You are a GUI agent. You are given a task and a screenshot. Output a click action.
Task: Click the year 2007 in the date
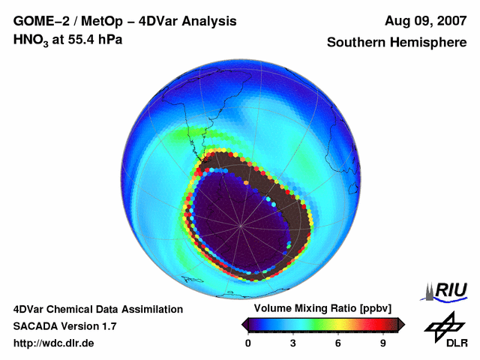coord(448,22)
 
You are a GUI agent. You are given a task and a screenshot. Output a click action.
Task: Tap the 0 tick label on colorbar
coord(248,343)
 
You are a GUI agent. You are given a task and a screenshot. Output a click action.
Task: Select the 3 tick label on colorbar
coord(293,343)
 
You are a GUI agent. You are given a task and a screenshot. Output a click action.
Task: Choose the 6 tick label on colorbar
coord(338,343)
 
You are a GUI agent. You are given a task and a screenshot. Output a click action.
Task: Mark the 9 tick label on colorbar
coord(382,343)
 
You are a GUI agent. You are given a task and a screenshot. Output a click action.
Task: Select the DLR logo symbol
coord(443,325)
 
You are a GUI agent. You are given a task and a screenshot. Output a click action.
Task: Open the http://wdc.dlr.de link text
coord(54,343)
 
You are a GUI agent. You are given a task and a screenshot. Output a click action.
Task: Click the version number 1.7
coord(107,326)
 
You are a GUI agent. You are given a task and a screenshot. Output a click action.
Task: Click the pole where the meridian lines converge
coord(240,225)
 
